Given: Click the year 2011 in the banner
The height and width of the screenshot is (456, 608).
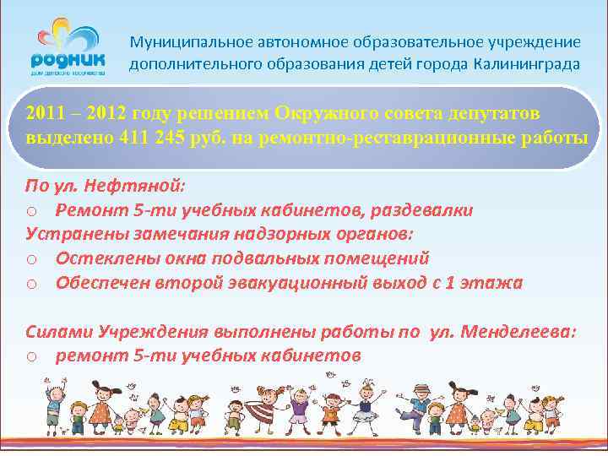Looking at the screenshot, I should [43, 113].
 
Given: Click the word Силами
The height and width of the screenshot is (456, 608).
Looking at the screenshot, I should [59, 332].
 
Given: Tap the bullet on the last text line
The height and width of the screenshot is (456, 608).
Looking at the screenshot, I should [31, 357].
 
